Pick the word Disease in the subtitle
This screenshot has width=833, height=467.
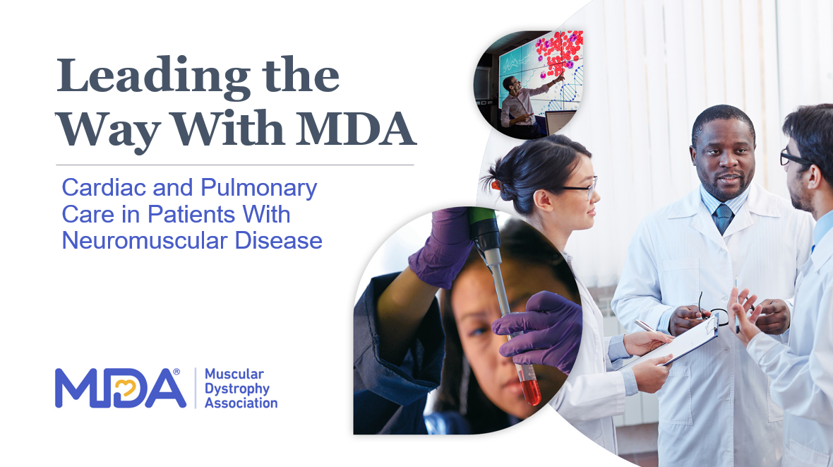coord(278,240)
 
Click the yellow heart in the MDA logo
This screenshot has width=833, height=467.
coord(126,389)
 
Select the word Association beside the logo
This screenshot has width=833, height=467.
coord(241,403)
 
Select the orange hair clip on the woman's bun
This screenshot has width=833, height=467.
coord(496,185)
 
